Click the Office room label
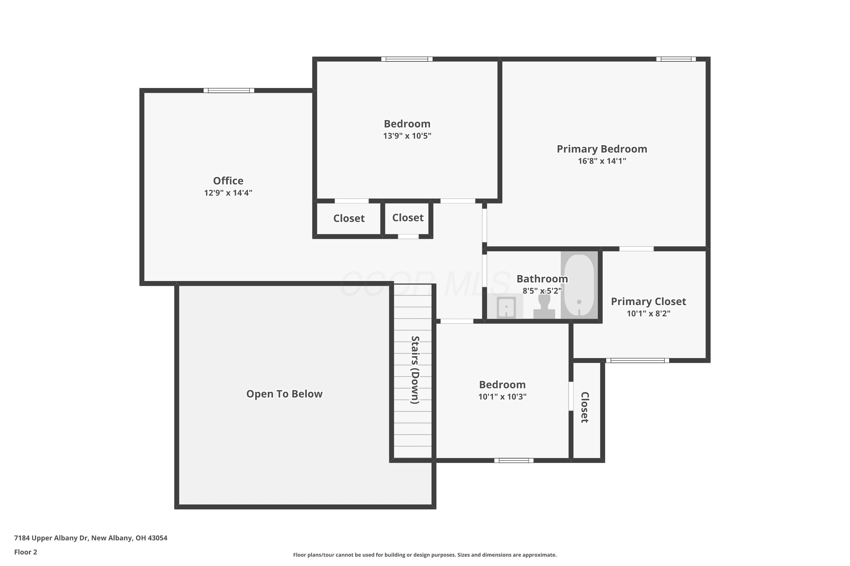point(228,181)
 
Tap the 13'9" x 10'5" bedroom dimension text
point(407,136)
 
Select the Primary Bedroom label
point(602,149)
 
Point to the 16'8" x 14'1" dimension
point(602,161)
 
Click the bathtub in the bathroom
point(579,285)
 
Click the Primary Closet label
point(648,301)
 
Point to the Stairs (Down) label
point(415,370)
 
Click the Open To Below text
point(284,394)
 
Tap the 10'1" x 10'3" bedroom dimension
point(502,397)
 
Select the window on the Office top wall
point(229,91)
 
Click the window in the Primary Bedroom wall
point(676,59)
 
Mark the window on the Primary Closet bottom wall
point(637,360)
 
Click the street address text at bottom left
point(91,538)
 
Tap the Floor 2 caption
point(26,552)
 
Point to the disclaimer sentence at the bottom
point(425,555)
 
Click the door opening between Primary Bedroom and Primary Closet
point(637,249)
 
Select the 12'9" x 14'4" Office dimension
point(228,193)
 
